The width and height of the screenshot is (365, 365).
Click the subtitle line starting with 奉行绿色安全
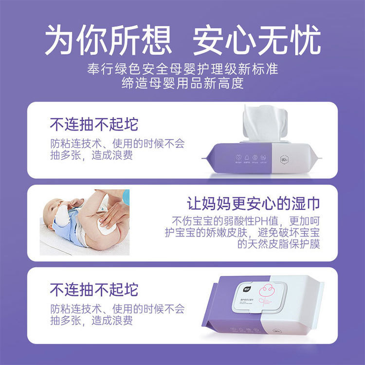tap(182, 68)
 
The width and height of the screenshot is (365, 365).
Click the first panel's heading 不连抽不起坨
tap(93, 124)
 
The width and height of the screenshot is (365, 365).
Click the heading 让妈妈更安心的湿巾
tap(253, 203)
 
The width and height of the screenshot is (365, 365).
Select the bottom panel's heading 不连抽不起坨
tap(93, 290)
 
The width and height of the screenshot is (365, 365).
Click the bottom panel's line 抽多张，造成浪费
tap(91, 321)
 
